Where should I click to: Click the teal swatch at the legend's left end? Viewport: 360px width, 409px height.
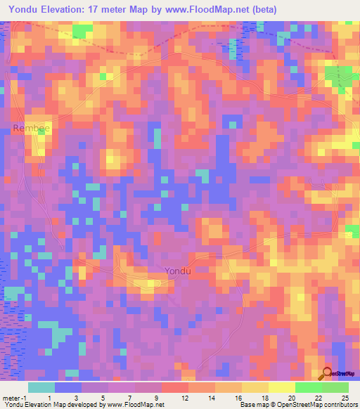tap(41, 387)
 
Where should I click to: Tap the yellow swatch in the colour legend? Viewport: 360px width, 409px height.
tap(281, 387)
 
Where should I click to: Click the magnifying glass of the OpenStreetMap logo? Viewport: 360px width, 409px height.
tap(327, 372)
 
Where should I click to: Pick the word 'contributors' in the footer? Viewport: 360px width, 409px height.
tap(339, 404)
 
